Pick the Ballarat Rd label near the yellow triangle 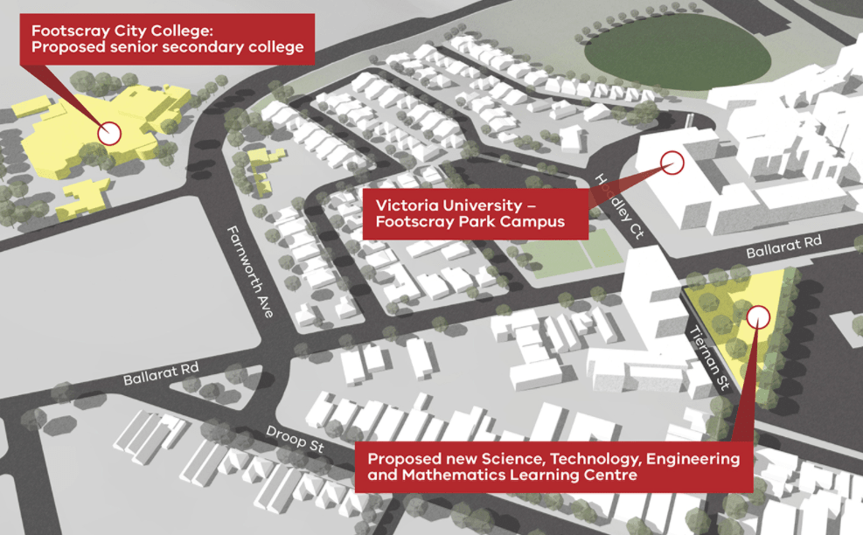coord(783,247)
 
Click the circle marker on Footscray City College coord(109,133)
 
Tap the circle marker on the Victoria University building coord(672,161)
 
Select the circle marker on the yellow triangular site coord(758,315)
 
